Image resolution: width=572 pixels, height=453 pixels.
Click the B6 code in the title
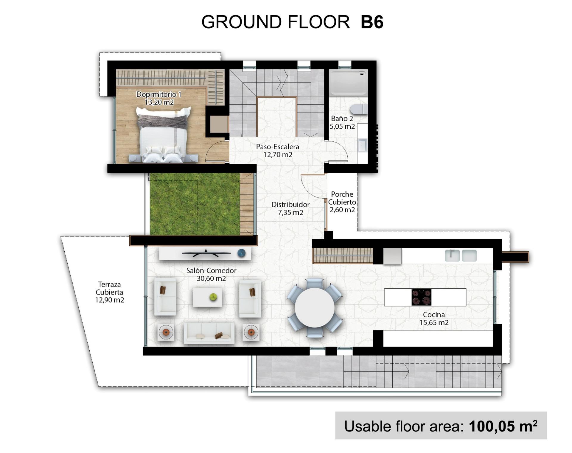click(x=372, y=22)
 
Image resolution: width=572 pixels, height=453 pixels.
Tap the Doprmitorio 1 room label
click(x=158, y=94)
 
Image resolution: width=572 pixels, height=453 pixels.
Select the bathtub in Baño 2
click(x=348, y=82)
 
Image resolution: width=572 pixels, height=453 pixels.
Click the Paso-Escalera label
click(x=277, y=147)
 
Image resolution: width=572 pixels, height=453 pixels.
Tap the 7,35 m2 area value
click(x=290, y=213)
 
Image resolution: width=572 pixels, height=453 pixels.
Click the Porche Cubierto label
click(x=342, y=198)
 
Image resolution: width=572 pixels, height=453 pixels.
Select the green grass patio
click(x=195, y=204)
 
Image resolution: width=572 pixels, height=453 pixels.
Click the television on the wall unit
click(x=206, y=253)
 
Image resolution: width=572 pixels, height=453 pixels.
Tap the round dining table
click(x=315, y=308)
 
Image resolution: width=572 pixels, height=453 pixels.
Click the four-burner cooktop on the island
click(x=421, y=297)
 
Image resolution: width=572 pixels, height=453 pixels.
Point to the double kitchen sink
click(x=461, y=256)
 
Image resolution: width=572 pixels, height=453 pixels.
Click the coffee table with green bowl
click(x=207, y=297)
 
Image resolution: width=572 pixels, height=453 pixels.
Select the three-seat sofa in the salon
click(x=209, y=333)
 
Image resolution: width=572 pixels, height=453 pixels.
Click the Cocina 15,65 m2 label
click(x=434, y=318)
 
